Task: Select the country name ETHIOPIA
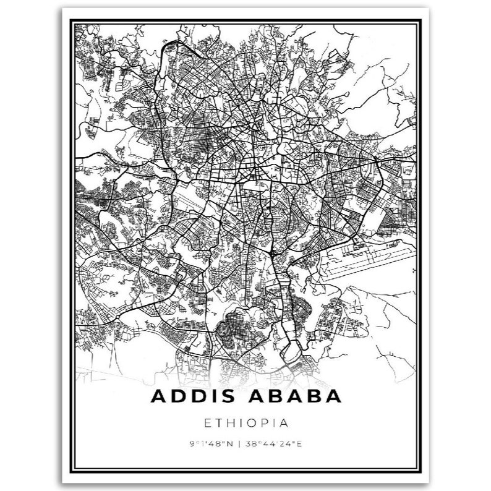tap(246, 424)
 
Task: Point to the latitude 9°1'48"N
tap(212, 444)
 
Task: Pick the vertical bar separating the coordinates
tap(241, 444)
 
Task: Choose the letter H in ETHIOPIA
tap(231, 424)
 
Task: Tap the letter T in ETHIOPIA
tap(218, 424)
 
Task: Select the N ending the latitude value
tap(233, 444)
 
